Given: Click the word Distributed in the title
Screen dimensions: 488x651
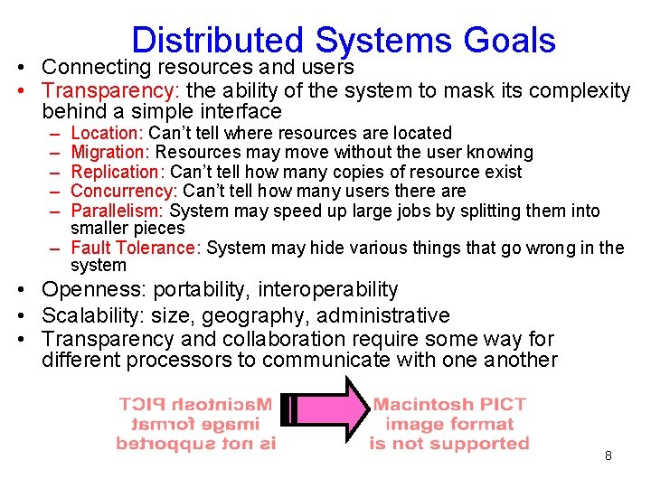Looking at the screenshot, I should tap(217, 41).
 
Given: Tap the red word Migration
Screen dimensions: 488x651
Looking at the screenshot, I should tap(110, 153).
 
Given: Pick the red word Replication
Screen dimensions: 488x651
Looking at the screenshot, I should tap(117, 172).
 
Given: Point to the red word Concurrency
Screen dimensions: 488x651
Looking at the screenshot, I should tap(123, 191).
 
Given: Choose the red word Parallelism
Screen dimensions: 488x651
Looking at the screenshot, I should tap(117, 211).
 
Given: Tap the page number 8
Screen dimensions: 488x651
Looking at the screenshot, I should tap(609, 455).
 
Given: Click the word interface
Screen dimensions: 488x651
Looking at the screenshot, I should tap(238, 112).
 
